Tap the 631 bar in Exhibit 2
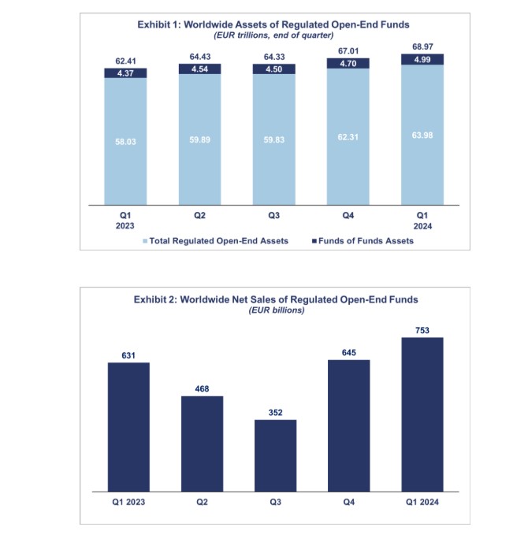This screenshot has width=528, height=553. click(x=128, y=425)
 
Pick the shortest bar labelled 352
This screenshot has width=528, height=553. click(x=275, y=455)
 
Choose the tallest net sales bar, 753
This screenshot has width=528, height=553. click(x=422, y=414)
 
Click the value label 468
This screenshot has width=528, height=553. click(x=202, y=389)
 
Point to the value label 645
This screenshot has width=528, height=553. click(x=348, y=352)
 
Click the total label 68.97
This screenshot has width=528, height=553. click(x=422, y=48)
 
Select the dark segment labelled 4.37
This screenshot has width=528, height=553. click(x=125, y=73)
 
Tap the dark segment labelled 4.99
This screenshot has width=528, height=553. click(x=422, y=59)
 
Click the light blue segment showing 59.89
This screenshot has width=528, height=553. click(x=200, y=140)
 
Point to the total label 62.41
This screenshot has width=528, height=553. click(x=125, y=61)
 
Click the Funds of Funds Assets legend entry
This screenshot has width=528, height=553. click(x=361, y=241)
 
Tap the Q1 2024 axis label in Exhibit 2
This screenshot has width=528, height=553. click(x=422, y=501)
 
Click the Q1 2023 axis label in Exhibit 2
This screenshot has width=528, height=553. click(x=128, y=501)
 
